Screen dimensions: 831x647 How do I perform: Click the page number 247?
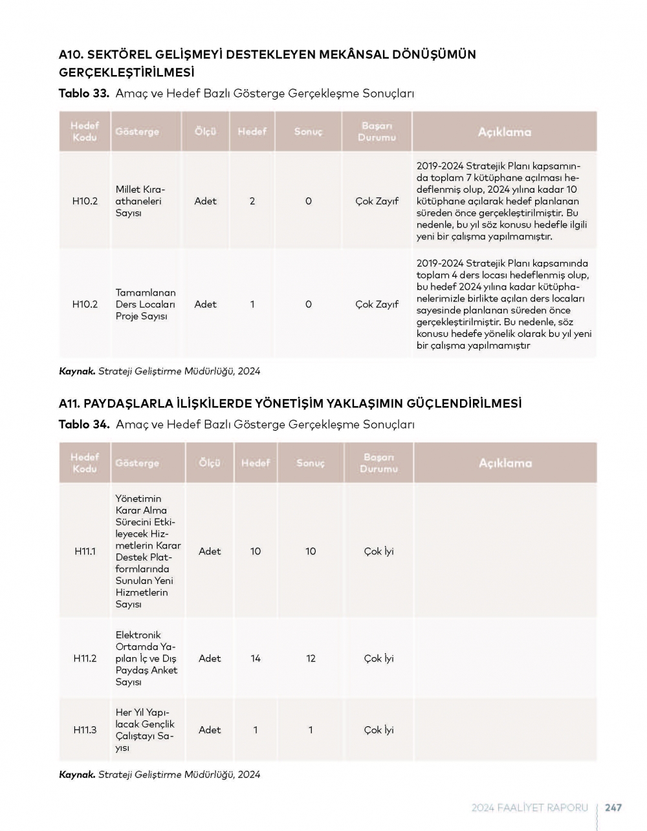[x=613, y=808]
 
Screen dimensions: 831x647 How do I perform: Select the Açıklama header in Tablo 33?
[x=504, y=132]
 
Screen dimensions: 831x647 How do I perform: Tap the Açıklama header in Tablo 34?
[x=505, y=463]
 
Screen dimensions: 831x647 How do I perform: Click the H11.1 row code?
[x=85, y=552]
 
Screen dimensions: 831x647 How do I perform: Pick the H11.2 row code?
[x=85, y=658]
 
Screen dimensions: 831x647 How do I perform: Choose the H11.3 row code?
[x=85, y=730]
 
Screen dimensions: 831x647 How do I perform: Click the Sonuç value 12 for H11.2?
[x=311, y=658]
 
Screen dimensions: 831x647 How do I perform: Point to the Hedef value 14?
[x=256, y=658]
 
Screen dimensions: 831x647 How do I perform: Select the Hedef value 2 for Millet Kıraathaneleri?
[x=252, y=201]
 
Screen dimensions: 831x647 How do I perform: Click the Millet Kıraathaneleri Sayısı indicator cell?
[x=141, y=201]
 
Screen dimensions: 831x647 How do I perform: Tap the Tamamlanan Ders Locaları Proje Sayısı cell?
[x=146, y=305]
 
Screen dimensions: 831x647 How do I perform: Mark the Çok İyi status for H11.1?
[x=378, y=552]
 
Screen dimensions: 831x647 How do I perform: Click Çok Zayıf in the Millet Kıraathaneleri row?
[x=377, y=201]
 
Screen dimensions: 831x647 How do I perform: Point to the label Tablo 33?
[x=83, y=94]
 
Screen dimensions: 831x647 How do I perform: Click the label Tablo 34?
[x=83, y=425]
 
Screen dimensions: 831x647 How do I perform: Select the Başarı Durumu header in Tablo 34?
[x=378, y=463]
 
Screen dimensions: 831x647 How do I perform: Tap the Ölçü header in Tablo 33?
[x=206, y=132]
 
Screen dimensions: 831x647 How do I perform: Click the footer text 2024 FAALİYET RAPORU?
[x=530, y=808]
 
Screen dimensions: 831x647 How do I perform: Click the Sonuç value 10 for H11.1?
[x=311, y=552]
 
